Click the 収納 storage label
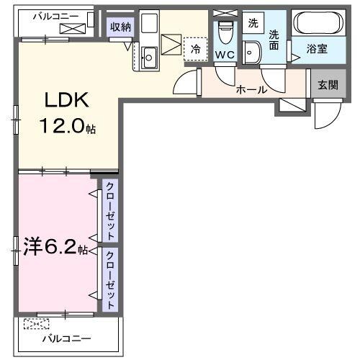tap(120, 27)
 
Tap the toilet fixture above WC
tap(224, 32)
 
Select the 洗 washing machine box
tap(252, 23)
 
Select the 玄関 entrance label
tap(328, 84)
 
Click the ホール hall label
tap(252, 90)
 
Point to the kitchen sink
tap(150, 57)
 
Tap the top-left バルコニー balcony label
tap(53, 14)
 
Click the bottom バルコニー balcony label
tap(66, 338)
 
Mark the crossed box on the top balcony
tap(72, 28)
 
